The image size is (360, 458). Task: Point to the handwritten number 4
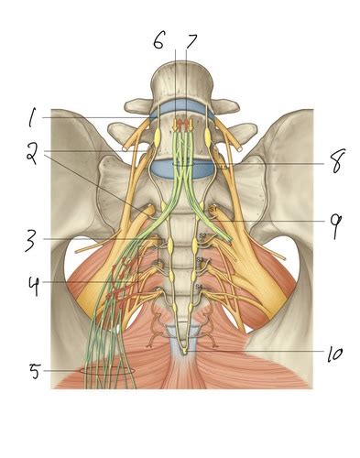pyautogui.click(x=33, y=285)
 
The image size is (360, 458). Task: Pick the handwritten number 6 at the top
pyautogui.click(x=159, y=41)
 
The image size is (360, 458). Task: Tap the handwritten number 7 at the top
pyautogui.click(x=191, y=41)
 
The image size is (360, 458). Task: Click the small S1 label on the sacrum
pyautogui.click(x=213, y=211)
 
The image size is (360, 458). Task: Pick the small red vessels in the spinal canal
pyautogui.click(x=184, y=124)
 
